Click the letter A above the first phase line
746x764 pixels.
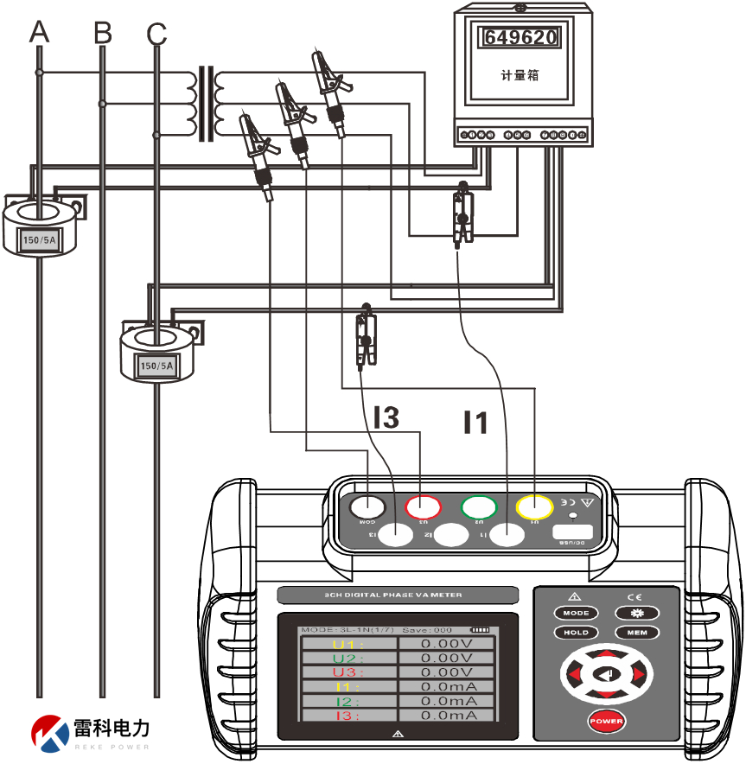click(39, 33)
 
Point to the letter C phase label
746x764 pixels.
click(156, 34)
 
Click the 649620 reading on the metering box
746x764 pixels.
click(520, 37)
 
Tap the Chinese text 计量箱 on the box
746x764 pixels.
click(520, 75)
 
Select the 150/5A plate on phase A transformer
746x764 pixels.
click(40, 240)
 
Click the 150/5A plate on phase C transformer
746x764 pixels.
click(156, 366)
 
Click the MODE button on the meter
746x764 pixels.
click(576, 613)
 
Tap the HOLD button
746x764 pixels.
click(576, 632)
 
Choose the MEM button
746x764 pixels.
click(636, 632)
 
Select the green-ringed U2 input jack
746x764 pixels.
click(479, 506)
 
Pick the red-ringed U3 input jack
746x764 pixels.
click(424, 506)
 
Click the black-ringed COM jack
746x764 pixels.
click(368, 506)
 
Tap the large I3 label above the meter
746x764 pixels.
click(386, 418)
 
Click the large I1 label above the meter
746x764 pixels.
click(475, 423)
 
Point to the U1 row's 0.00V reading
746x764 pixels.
click(446, 643)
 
